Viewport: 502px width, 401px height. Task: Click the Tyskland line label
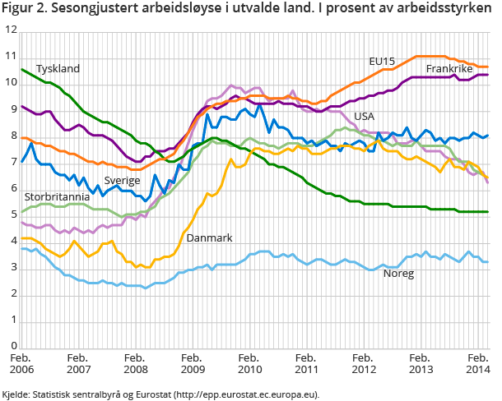58,68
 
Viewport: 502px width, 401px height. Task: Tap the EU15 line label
382,61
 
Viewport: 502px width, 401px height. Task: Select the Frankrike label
449,68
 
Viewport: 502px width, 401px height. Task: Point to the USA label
365,116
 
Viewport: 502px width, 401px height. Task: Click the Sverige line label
122,180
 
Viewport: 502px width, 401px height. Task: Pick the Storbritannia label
57,197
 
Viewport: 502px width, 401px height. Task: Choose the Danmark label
209,237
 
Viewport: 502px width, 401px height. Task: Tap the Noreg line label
398,272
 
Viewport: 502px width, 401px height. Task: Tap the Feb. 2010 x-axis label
249,365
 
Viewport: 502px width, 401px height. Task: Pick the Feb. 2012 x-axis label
362,365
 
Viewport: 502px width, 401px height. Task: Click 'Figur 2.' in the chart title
26,11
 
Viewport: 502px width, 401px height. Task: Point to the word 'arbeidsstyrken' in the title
447,11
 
